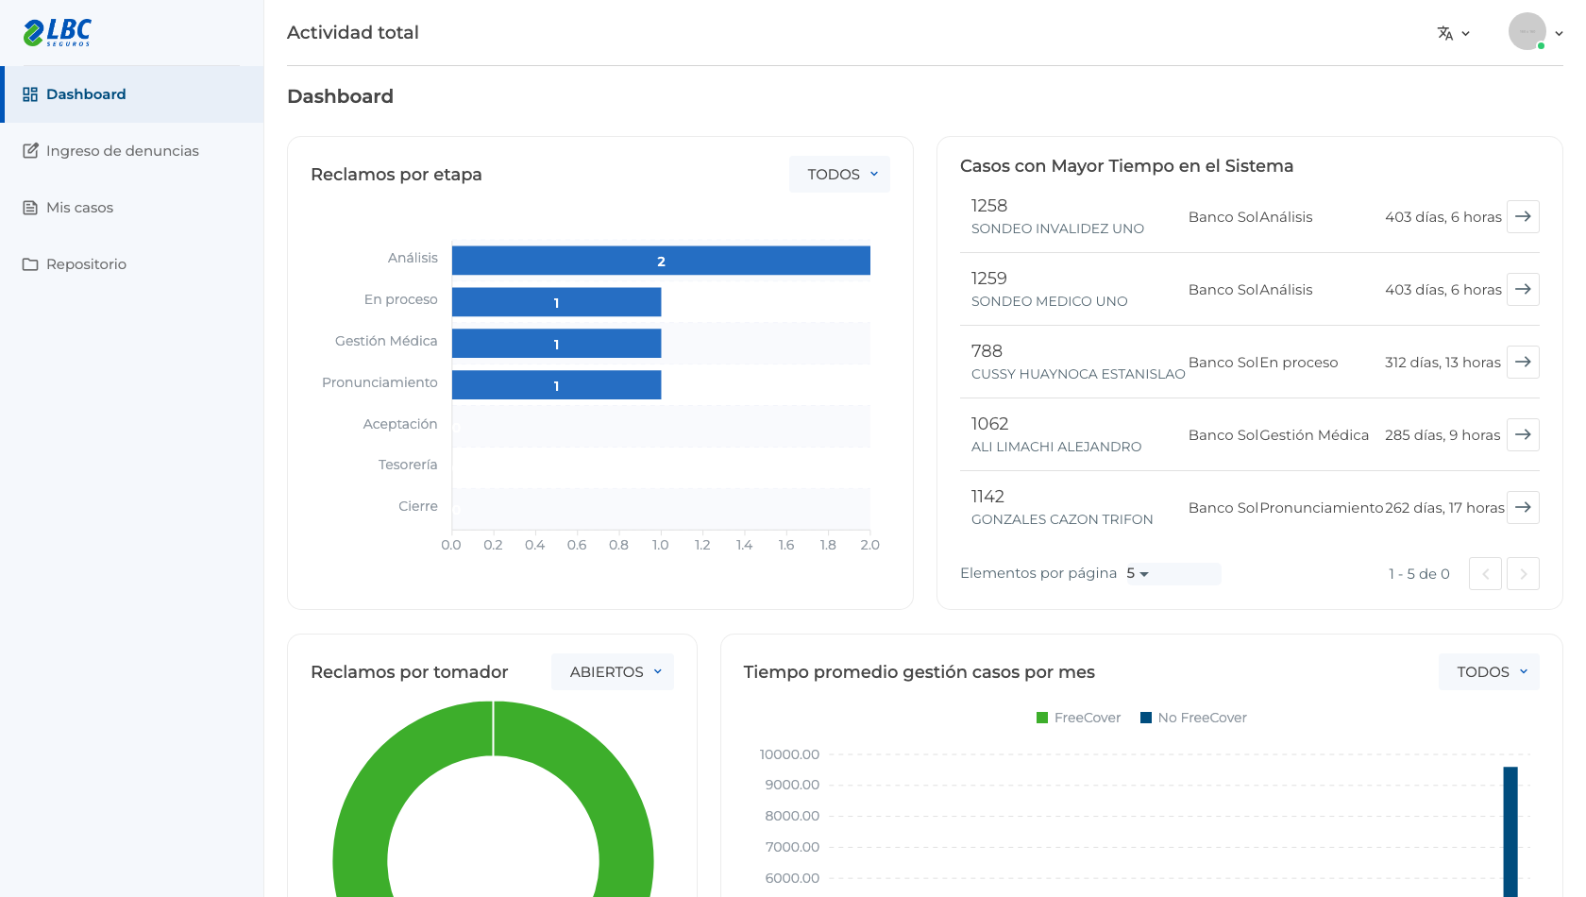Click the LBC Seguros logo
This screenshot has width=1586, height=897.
[x=58, y=32]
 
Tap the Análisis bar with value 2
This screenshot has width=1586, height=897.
[x=661, y=261]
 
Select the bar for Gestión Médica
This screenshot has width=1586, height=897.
[x=557, y=344]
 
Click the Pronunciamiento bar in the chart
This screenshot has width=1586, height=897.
[x=557, y=385]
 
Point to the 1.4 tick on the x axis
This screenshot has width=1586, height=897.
[x=744, y=545]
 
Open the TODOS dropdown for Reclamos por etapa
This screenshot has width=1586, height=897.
[x=840, y=174]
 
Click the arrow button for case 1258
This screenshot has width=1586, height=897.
[x=1523, y=216]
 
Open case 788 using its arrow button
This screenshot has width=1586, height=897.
[x=1523, y=362]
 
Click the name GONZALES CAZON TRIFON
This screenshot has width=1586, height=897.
[x=1062, y=519]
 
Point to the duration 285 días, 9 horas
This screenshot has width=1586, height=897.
[x=1443, y=434]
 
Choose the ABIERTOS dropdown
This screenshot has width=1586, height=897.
[x=613, y=672]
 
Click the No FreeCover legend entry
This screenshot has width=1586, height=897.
[x=1193, y=718]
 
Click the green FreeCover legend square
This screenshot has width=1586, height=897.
[x=1041, y=718]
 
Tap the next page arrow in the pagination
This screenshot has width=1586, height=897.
[x=1523, y=573]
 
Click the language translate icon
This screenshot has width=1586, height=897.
[x=1445, y=33]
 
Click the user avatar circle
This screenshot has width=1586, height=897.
[x=1527, y=31]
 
